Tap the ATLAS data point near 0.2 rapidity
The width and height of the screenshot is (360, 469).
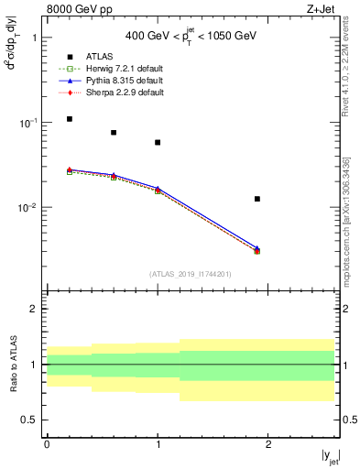coord(70,119)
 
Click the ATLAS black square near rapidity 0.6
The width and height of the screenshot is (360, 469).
coord(114,133)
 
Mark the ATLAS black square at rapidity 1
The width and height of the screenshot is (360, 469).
coord(158,143)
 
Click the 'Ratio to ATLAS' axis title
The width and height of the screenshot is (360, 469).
coord(13,365)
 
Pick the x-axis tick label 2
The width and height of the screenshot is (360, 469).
coord(267,444)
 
